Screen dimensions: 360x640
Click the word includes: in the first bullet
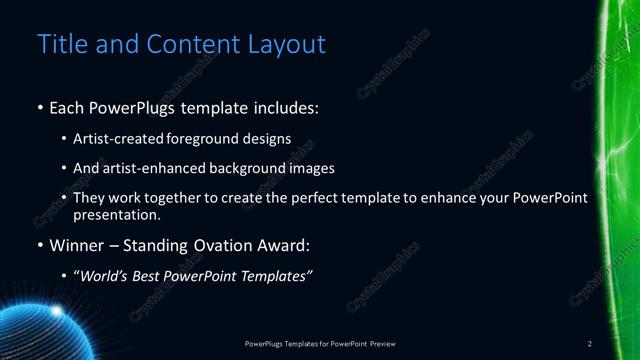pyautogui.click(x=289, y=107)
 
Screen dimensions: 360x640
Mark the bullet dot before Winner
pyautogui.click(x=40, y=246)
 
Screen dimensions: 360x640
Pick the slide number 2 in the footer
pyautogui.click(x=590, y=344)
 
